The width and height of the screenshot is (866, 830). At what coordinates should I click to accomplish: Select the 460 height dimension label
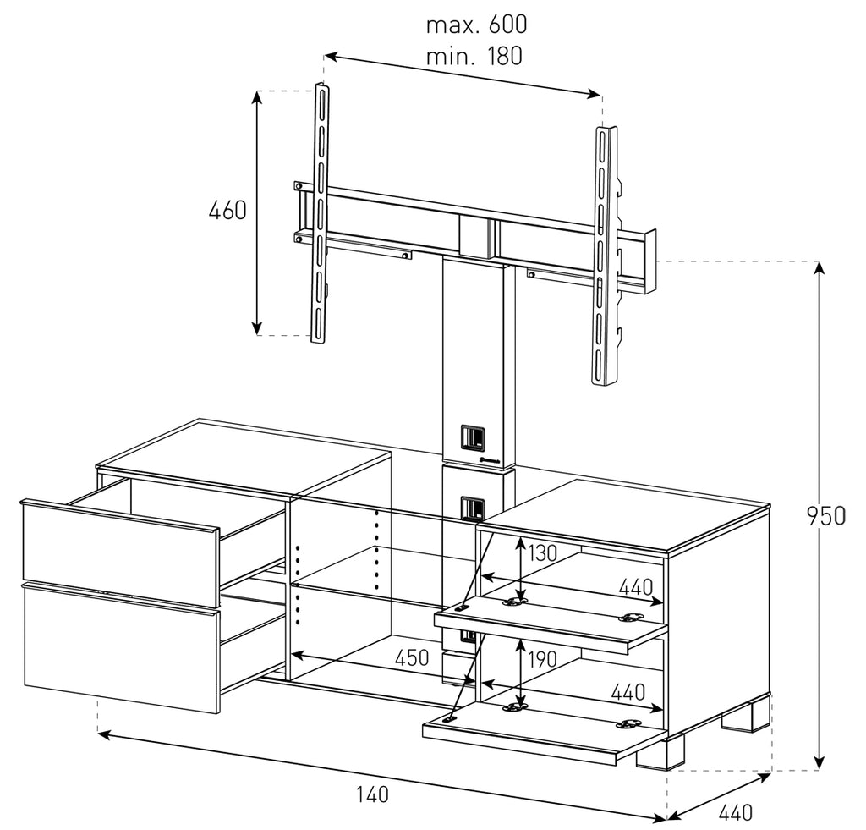[227, 210]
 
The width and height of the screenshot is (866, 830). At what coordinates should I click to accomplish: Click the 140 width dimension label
[371, 794]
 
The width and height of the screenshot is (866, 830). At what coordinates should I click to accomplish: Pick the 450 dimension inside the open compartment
[414, 657]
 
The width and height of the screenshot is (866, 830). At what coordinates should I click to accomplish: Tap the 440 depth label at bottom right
[735, 813]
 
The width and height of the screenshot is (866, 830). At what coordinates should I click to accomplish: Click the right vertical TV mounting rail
[604, 254]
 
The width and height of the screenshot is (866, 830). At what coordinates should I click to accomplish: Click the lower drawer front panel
[118, 647]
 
